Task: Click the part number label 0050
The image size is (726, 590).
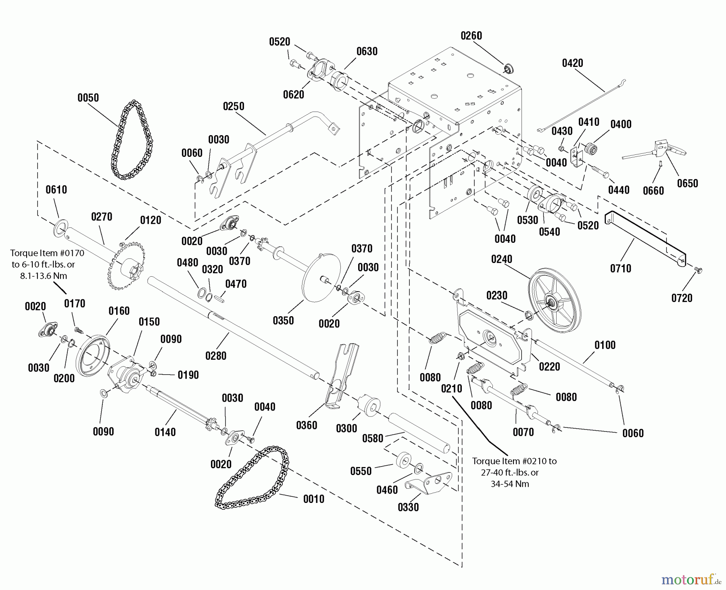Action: click(88, 98)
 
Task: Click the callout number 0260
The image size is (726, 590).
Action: click(471, 36)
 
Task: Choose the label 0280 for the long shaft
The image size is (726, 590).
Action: click(216, 356)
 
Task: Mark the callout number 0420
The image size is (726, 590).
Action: click(572, 63)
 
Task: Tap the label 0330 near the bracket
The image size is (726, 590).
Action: click(408, 507)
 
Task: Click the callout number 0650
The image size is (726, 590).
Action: click(687, 183)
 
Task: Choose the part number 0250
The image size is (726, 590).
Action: click(234, 106)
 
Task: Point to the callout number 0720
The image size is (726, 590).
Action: click(682, 298)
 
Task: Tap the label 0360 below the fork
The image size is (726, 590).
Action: click(307, 425)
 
